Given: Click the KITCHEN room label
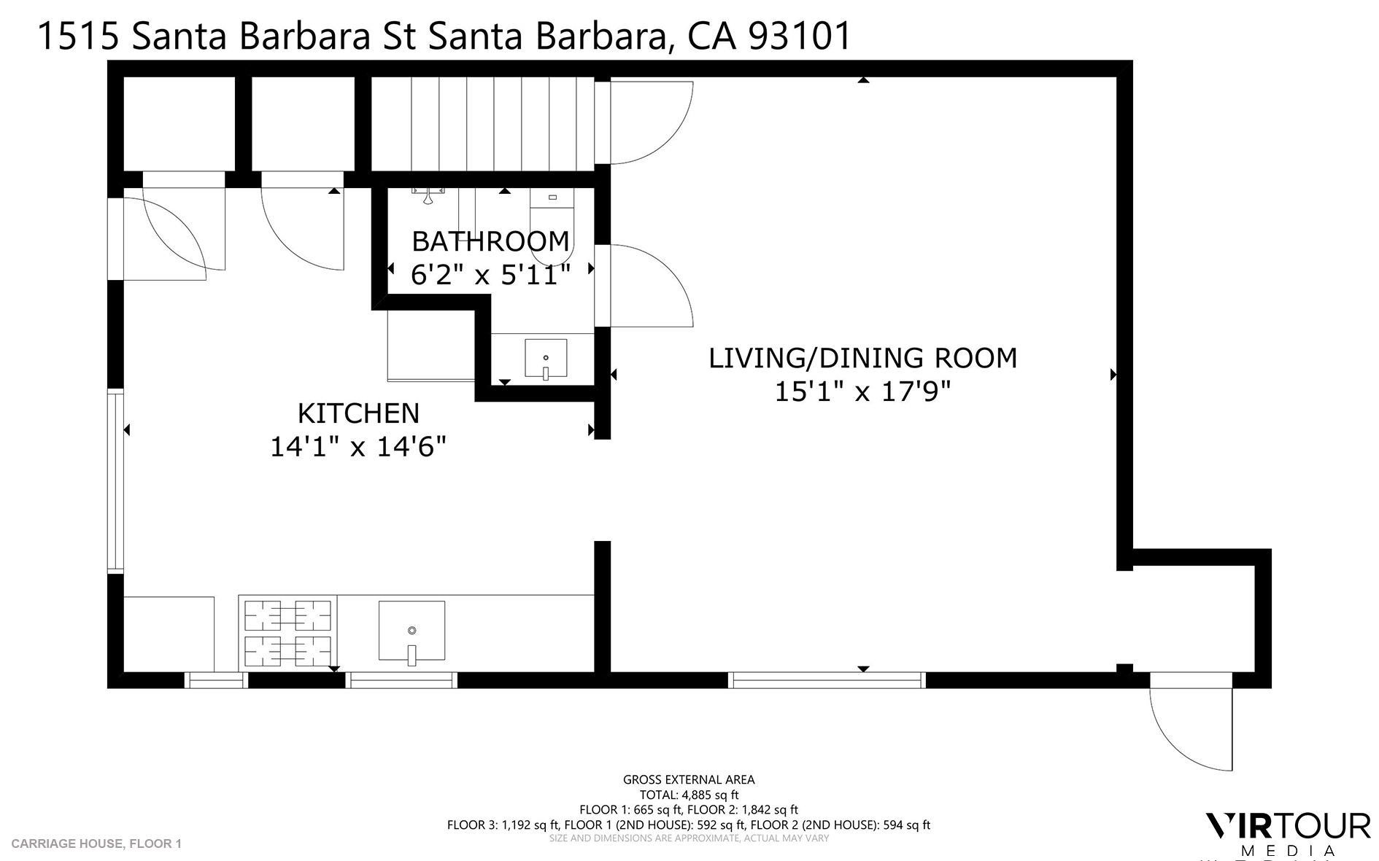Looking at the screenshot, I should click(x=358, y=413).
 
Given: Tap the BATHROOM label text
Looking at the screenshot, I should click(x=490, y=241).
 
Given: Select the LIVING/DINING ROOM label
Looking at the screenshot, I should click(x=862, y=358).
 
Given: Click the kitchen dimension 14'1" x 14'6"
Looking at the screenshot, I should click(x=358, y=446).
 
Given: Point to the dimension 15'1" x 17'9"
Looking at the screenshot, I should click(x=862, y=392).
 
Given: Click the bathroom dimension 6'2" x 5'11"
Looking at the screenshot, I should click(x=490, y=275).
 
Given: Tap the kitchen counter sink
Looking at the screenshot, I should click(x=412, y=631).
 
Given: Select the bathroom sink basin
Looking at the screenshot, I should click(x=546, y=357).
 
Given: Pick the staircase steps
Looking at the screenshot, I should click(x=482, y=122).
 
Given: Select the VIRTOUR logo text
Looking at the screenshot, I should click(x=1288, y=826).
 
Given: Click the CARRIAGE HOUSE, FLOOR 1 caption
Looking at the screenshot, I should click(x=96, y=844).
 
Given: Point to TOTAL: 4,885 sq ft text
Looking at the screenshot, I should click(x=689, y=795).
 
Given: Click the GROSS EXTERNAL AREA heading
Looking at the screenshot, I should click(x=689, y=779).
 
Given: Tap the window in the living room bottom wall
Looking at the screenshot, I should click(x=827, y=680).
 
